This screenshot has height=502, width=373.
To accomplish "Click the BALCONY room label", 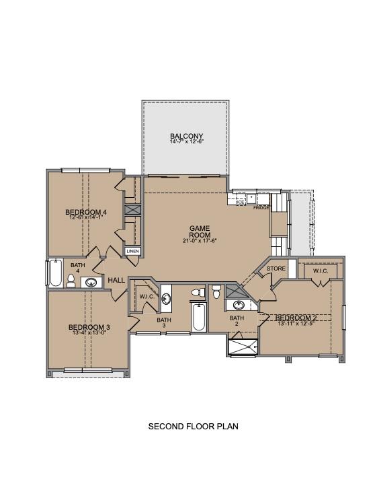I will pyautogui.click(x=186, y=136).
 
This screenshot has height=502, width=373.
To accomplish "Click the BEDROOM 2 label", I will pyautogui.click(x=296, y=318).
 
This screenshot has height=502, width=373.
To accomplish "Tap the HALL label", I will pyautogui.click(x=116, y=280).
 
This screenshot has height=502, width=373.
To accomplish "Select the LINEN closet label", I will pyautogui.click(x=132, y=252).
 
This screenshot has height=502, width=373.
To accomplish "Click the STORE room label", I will pyautogui.click(x=276, y=268).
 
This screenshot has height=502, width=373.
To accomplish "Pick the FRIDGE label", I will pyautogui.click(x=261, y=208).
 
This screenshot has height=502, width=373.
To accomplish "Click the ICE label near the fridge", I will pyautogui.click(x=239, y=201).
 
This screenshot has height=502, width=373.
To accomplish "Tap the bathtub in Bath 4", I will pyautogui.click(x=54, y=273).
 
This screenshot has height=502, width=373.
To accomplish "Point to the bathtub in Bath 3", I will pyautogui.click(x=198, y=318).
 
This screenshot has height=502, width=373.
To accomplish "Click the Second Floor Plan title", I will pyautogui.click(x=193, y=426).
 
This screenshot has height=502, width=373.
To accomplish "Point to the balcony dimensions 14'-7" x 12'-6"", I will pyautogui.click(x=186, y=142).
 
